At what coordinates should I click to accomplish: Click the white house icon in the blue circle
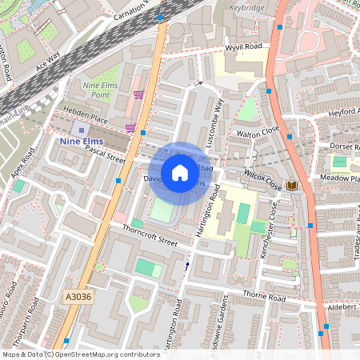tap(180, 172)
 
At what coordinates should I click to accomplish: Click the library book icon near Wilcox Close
tap(292, 186)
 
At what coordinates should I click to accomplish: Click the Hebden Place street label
tap(88, 118)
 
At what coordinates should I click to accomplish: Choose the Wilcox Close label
tap(262, 176)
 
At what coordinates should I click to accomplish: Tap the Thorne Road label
tap(264, 297)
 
